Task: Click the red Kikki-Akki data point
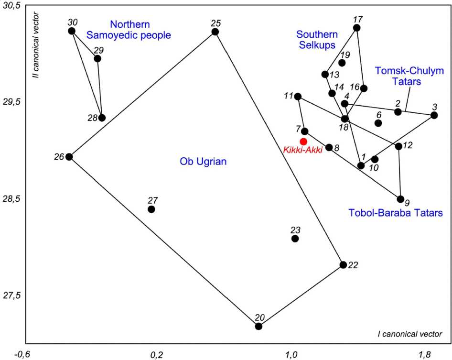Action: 303,142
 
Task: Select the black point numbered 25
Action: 215,32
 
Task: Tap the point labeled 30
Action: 72,31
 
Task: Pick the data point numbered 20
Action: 258,327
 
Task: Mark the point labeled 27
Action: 151,209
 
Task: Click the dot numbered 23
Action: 295,239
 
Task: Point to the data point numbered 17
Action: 356,28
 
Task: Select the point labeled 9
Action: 400,199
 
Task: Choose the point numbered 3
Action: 434,115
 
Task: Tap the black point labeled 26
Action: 69,157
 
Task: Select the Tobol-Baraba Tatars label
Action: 395,213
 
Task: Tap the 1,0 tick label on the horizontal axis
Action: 291,354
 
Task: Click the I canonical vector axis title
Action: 409,334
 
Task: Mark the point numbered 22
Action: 343,265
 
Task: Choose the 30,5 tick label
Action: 12,7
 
